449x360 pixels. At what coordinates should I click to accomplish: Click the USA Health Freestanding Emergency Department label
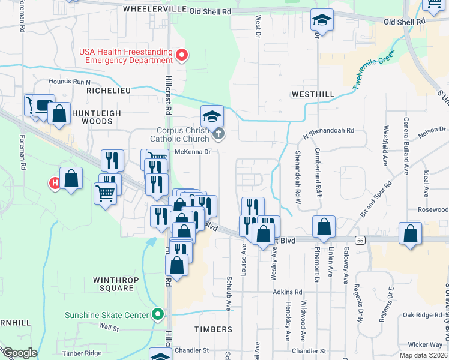[x=126, y=56]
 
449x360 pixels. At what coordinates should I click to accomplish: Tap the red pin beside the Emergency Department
[x=182, y=56]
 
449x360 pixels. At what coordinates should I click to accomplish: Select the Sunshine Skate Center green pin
[x=158, y=313]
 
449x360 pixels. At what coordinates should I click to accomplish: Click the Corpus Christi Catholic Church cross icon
[x=219, y=134]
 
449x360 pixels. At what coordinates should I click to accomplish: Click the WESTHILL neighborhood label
[x=312, y=95]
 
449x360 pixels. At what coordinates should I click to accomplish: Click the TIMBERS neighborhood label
[x=213, y=329]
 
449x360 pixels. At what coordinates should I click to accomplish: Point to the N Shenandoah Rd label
[x=329, y=130]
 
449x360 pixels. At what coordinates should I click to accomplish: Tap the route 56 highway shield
[x=360, y=240]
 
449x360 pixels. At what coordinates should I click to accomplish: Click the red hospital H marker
[x=55, y=183]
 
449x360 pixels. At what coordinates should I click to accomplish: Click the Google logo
[x=19, y=353]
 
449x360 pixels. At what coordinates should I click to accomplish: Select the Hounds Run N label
[x=70, y=82]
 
